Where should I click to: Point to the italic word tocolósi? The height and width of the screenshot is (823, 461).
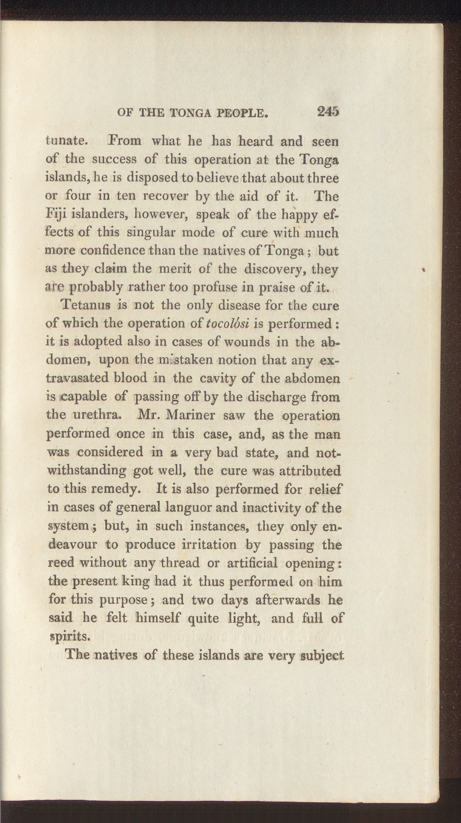pos(228,324)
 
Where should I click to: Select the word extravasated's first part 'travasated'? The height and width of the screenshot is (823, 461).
pos(78,379)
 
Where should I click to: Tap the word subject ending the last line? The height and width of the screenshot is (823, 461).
pos(321,655)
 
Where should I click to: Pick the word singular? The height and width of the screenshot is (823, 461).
pos(151,232)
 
